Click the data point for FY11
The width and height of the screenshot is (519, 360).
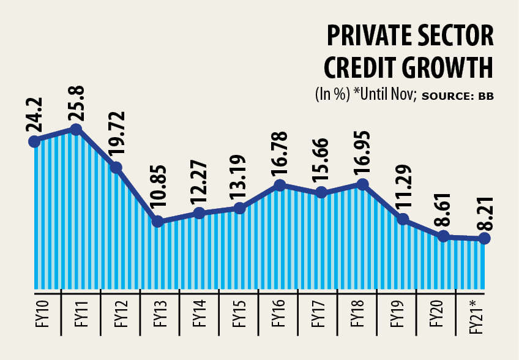[76, 129]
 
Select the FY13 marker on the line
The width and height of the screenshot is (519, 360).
[158, 222]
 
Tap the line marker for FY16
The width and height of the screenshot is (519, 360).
[280, 185]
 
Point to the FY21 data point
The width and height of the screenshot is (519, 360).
[484, 238]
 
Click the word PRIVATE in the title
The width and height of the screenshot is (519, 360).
[366, 37]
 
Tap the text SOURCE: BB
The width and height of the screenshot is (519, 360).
[458, 96]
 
